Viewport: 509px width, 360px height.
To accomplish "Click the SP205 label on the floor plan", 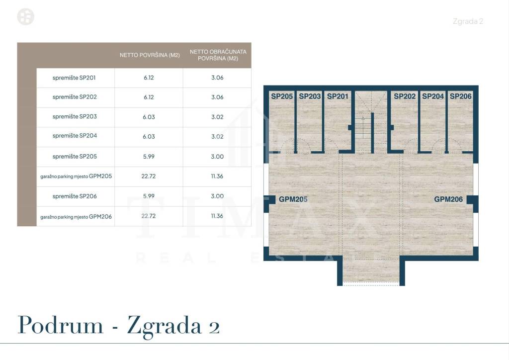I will (282, 96).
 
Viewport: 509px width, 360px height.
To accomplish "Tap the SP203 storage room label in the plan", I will (310, 96).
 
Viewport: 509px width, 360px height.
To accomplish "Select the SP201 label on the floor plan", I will (338, 96).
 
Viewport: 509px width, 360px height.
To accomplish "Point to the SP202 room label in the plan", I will (405, 96).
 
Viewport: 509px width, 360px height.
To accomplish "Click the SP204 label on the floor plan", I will (433, 96).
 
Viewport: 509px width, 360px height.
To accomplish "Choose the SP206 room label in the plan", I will (461, 96).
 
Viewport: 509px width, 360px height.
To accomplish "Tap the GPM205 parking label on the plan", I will (293, 199).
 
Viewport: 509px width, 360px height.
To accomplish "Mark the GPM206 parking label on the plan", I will (448, 199).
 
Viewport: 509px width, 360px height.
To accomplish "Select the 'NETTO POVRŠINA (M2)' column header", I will (150, 55).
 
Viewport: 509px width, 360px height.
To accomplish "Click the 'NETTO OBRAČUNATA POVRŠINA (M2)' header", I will (217, 55).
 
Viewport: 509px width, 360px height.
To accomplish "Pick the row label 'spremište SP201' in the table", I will (75, 78).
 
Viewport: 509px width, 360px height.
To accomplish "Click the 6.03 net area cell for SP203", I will (148, 117).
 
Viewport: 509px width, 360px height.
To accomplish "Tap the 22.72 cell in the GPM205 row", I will (148, 176).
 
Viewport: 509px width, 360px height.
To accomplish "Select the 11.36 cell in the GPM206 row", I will (217, 216).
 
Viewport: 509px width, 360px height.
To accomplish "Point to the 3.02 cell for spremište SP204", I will (217, 137).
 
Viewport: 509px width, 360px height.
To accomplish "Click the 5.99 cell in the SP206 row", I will (148, 196).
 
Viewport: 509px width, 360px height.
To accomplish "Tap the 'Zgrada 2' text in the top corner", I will (468, 21).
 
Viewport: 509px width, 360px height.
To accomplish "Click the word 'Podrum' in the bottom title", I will (61, 326).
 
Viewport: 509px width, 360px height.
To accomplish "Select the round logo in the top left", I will (26, 17).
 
